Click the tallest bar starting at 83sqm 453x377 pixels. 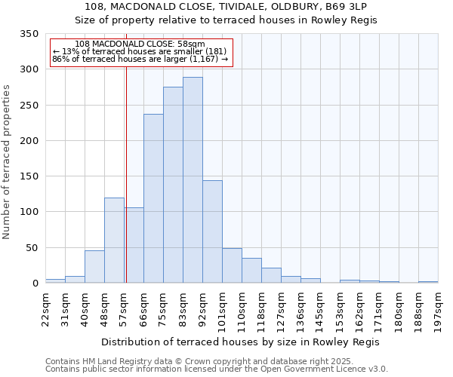pos(193,180)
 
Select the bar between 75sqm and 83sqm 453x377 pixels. pos(173,185)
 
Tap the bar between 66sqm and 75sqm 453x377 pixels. pos(153,198)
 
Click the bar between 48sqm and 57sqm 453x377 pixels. pos(114,240)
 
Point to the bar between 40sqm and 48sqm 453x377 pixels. pos(94,266)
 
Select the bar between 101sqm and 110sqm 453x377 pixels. pos(232,265)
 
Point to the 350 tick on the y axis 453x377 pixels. pos(29,34)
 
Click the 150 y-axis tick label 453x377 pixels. pos(29,176)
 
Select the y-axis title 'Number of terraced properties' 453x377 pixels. pos(7,162)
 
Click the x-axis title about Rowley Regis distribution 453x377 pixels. pos(240,342)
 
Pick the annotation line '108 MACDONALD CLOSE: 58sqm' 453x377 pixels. pos(140,44)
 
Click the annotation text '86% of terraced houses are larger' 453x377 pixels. pos(140,58)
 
